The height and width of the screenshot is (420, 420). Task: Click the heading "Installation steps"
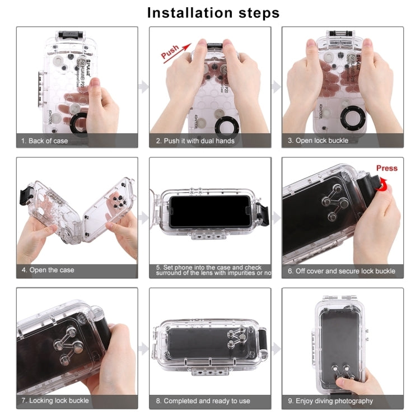point(213,12)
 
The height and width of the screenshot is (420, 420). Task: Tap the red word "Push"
point(170,52)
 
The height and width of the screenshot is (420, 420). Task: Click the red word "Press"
point(386,168)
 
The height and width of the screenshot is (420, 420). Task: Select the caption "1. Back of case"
point(45,141)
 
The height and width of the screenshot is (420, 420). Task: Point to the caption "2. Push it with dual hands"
point(195,141)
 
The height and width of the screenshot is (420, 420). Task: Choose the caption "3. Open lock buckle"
point(318,141)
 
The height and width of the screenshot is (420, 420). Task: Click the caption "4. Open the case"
point(48,270)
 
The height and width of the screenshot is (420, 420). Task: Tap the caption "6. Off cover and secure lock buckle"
point(342,271)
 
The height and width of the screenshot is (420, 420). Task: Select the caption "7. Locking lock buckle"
point(55,400)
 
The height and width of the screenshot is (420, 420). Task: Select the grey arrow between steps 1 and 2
point(143,87)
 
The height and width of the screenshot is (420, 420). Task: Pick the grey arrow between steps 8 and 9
point(276,348)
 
